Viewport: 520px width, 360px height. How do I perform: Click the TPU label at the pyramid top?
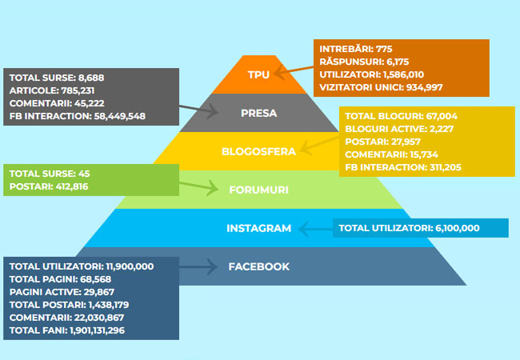[258, 74]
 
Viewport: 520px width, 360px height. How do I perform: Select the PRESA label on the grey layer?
[258, 113]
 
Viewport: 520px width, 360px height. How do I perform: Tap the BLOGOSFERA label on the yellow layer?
[258, 150]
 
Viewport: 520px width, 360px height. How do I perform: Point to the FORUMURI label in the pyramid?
[258, 190]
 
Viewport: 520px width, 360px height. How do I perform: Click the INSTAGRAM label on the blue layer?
[258, 228]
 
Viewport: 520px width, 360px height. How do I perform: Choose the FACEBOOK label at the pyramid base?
[258, 266]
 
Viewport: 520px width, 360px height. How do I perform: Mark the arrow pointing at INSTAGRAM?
[315, 228]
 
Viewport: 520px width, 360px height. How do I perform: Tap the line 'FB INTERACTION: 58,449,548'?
[78, 116]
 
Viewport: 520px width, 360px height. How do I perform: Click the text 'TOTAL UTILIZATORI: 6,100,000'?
[409, 228]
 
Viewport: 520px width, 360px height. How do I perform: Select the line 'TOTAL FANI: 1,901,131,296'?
[67, 330]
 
